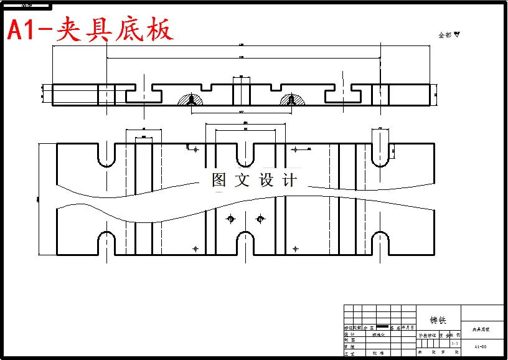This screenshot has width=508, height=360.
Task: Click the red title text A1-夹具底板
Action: tap(90, 29)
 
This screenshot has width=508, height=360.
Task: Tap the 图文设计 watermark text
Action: tap(255, 181)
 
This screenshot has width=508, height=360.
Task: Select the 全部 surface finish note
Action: tap(448, 36)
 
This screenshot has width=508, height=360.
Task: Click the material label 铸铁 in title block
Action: tap(438, 320)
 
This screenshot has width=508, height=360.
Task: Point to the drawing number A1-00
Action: tap(480, 347)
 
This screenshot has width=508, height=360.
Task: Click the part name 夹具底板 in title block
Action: tap(481, 329)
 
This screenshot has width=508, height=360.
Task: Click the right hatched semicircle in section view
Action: tap(291, 100)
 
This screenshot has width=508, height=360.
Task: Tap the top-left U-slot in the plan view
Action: tap(106, 156)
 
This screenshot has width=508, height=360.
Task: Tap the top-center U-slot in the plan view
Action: tap(245, 156)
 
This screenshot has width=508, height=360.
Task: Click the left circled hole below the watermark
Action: tap(231, 219)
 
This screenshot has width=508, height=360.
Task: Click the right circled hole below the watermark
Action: tap(260, 219)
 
